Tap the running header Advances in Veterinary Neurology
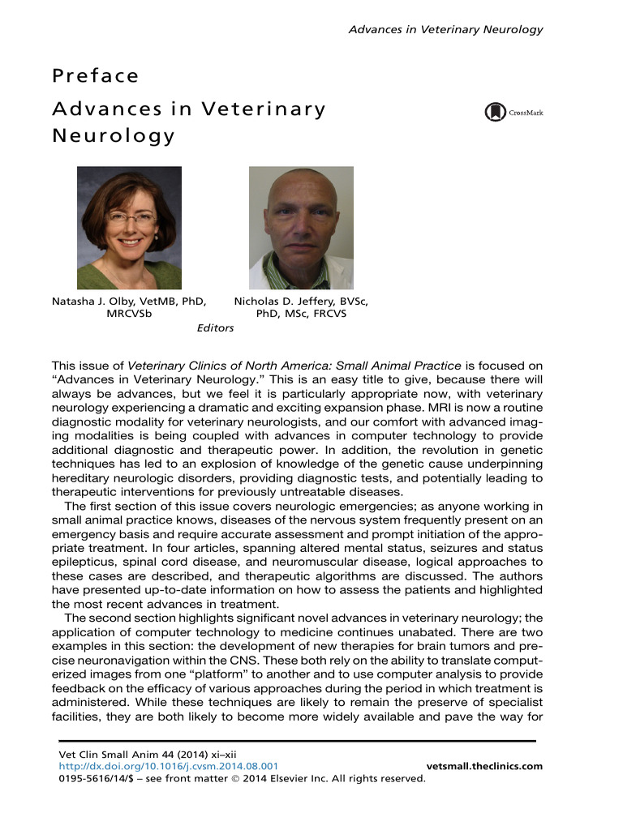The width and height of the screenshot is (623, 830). click(x=445, y=30)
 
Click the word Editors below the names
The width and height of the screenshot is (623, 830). click(x=215, y=328)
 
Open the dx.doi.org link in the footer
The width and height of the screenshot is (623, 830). click(x=170, y=766)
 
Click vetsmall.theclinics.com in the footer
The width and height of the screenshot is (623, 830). click(x=484, y=766)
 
